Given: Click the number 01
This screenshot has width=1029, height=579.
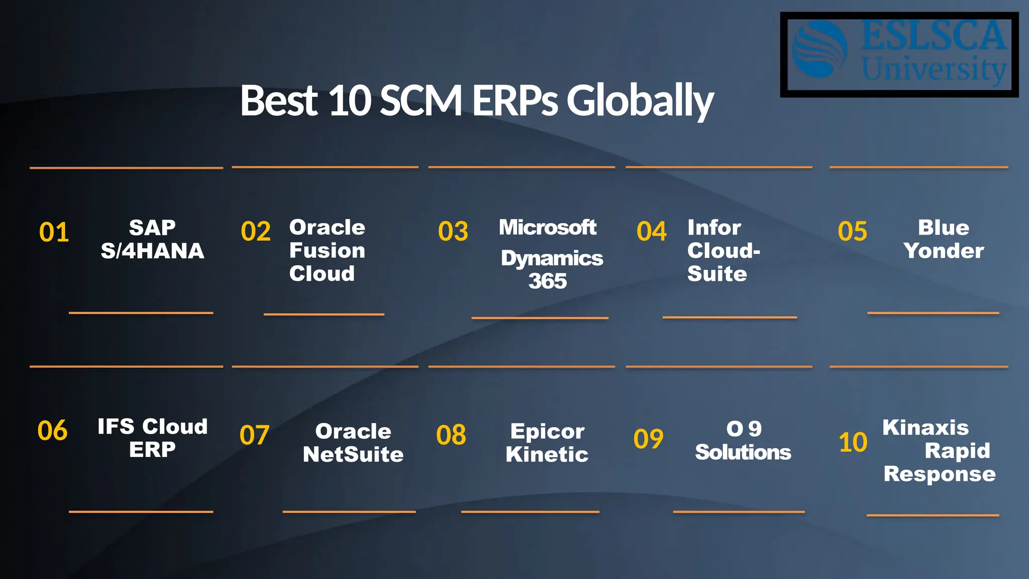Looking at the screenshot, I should (x=54, y=232).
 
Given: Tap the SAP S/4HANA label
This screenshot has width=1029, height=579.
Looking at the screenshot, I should (x=152, y=239).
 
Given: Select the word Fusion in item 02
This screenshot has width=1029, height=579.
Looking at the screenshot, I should (x=327, y=250).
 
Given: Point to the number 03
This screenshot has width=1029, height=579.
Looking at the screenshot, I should (x=453, y=232).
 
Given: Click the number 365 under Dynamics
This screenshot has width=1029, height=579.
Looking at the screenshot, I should (x=547, y=281).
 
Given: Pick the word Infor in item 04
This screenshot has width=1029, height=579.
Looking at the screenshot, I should (x=714, y=228).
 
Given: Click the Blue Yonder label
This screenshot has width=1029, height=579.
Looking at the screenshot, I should (x=943, y=239).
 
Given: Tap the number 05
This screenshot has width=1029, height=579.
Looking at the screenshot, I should (x=852, y=231).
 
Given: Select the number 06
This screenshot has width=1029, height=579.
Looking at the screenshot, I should (x=52, y=431).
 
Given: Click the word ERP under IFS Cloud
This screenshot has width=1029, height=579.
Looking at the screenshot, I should (x=152, y=449).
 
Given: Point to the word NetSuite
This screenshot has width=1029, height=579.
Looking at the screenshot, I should (x=353, y=454).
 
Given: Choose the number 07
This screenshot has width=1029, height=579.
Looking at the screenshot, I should (x=254, y=435).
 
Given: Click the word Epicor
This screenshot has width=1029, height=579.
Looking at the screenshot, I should (x=547, y=431).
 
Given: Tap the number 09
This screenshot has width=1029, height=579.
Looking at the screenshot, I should (x=648, y=439).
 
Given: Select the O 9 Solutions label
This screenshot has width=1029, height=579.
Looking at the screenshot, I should (x=743, y=441).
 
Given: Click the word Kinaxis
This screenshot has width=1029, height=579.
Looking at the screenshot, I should (x=925, y=428).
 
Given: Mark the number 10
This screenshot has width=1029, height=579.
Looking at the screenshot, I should (x=853, y=442).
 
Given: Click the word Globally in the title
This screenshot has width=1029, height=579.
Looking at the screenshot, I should (x=640, y=101).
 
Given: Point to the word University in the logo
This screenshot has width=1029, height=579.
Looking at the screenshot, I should (x=934, y=69).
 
